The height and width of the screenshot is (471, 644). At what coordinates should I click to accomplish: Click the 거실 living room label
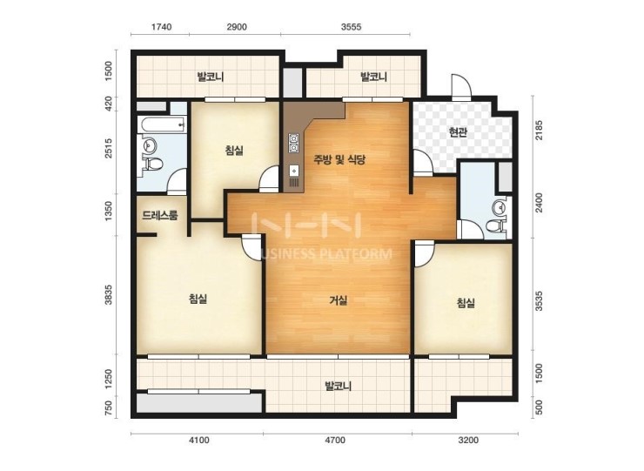point(339,300)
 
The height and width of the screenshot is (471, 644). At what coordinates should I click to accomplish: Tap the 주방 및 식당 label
point(339,159)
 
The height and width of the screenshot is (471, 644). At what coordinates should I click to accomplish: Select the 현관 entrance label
point(458,132)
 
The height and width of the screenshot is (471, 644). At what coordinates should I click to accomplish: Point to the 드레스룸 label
point(160,215)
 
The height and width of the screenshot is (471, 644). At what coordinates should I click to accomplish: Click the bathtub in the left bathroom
point(161,124)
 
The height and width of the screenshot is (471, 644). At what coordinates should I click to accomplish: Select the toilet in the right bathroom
point(496,226)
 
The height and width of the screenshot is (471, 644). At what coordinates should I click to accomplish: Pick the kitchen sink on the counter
point(294,171)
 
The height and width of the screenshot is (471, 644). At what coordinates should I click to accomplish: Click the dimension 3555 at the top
point(352,27)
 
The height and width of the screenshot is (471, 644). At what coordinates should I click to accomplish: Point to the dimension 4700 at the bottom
point(335,441)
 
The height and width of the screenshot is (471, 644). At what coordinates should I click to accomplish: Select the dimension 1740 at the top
point(161,27)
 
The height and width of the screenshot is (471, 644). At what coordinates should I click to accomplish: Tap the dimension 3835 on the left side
point(109,294)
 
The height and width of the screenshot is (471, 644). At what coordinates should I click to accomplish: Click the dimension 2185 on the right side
point(540,131)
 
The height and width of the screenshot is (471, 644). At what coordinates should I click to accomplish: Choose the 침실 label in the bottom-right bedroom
point(466,303)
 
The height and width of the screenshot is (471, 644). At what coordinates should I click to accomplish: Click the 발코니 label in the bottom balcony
point(338,387)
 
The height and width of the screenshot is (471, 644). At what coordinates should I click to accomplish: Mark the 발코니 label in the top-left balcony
point(211,77)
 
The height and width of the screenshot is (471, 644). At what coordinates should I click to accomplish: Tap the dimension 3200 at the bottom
point(468,441)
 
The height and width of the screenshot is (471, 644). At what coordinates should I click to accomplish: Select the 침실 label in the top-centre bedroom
point(234,150)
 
